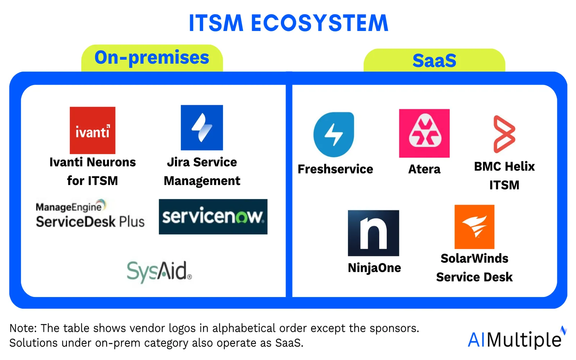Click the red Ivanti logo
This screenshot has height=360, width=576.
tap(93, 130)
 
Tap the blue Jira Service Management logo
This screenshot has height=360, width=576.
tap(202, 127)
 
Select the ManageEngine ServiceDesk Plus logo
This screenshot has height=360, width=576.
tap(90, 214)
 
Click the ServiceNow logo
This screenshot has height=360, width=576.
tap(213, 217)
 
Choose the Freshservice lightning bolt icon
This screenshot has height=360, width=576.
tap(334, 135)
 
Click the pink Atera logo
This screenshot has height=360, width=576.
tap(424, 133)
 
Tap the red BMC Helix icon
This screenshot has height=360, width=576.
tap(504, 134)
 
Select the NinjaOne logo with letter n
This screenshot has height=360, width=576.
tap(373, 233)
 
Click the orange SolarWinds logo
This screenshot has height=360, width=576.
tap(474, 227)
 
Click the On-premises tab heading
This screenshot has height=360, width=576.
tap(152, 58)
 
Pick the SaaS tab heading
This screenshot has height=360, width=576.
tap(434, 60)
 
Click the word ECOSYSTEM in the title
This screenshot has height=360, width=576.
tap(319, 23)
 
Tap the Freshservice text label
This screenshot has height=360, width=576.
tap(335, 169)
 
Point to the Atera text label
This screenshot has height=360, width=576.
tap(424, 169)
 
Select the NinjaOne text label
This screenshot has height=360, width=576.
tap(374, 268)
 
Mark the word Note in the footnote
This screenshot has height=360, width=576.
tap(23, 328)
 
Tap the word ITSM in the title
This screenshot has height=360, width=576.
tap(216, 23)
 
